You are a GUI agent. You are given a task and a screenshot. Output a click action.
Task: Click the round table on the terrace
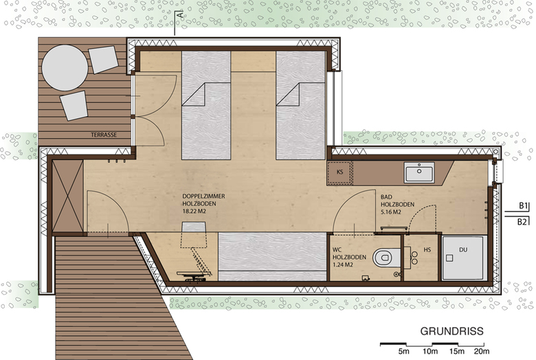(65, 68)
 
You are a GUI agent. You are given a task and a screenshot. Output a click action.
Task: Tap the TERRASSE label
(104, 135)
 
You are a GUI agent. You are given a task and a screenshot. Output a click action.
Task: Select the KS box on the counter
(339, 172)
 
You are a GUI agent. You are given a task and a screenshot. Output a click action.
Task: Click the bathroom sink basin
(419, 172)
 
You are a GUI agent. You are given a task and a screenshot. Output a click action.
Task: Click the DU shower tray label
(463, 250)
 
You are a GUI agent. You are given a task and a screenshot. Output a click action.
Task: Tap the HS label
(427, 250)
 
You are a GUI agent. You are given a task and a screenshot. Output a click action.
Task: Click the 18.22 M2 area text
(194, 212)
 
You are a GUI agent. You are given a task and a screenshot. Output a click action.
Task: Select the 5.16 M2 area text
(391, 212)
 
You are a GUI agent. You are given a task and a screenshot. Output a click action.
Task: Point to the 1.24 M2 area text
(343, 265)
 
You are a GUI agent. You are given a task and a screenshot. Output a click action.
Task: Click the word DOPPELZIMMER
(203, 196)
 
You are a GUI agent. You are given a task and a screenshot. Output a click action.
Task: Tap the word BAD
(386, 197)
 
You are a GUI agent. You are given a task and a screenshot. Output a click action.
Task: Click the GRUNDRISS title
(451, 331)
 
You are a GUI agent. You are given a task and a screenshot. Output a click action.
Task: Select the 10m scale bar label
(430, 351)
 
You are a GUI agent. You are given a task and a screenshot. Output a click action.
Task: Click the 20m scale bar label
(481, 351)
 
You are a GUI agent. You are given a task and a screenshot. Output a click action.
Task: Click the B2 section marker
(522, 222)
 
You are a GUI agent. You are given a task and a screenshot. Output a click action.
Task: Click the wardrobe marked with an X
(67, 196)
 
